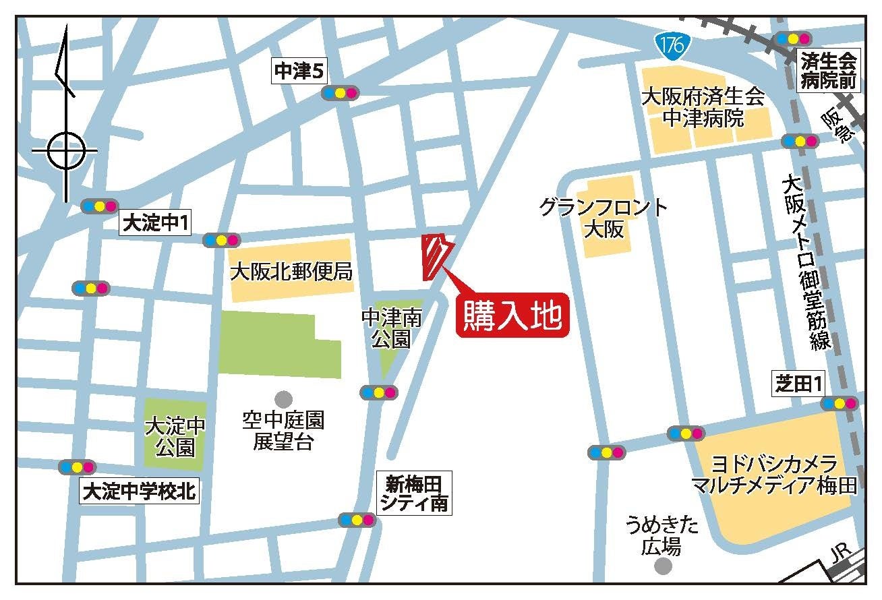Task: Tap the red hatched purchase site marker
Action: [x=434, y=257]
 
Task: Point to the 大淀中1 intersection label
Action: [x=155, y=224]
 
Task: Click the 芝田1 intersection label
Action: [x=799, y=384]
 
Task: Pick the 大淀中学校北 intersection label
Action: [x=139, y=491]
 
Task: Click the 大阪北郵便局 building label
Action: [x=291, y=272]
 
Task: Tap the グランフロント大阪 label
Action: [x=604, y=218]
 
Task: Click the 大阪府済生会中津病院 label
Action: [x=703, y=107]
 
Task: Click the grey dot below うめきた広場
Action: [x=664, y=566]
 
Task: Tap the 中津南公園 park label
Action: [x=392, y=328]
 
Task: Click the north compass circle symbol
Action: [x=67, y=150]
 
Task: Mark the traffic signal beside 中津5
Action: [x=341, y=92]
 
